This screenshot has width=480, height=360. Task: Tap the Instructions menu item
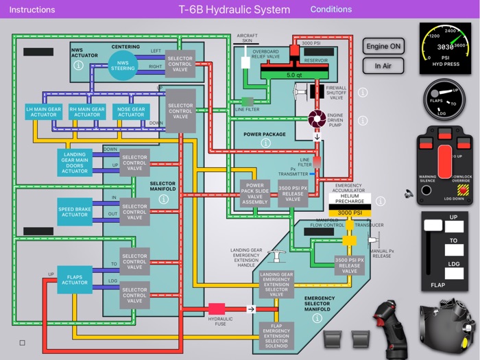32,10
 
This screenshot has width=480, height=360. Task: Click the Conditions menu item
331,10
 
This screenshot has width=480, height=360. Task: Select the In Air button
383,66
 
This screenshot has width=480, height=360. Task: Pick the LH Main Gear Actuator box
44,112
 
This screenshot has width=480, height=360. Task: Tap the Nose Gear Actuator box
131,112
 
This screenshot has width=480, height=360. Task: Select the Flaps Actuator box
75,279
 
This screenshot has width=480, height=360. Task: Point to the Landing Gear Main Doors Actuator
75,162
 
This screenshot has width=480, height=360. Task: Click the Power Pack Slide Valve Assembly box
255,193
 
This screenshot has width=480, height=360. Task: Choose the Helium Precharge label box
350,200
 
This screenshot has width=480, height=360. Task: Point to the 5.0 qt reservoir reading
294,74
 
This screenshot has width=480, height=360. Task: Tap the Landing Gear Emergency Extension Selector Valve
277,283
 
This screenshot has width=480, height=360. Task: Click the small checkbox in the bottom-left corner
23,342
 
